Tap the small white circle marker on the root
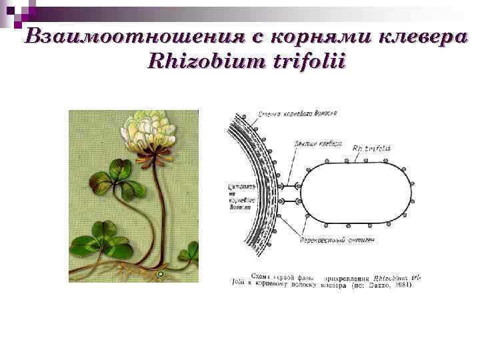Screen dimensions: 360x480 (160, 274)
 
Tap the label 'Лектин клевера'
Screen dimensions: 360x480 (317, 143)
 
